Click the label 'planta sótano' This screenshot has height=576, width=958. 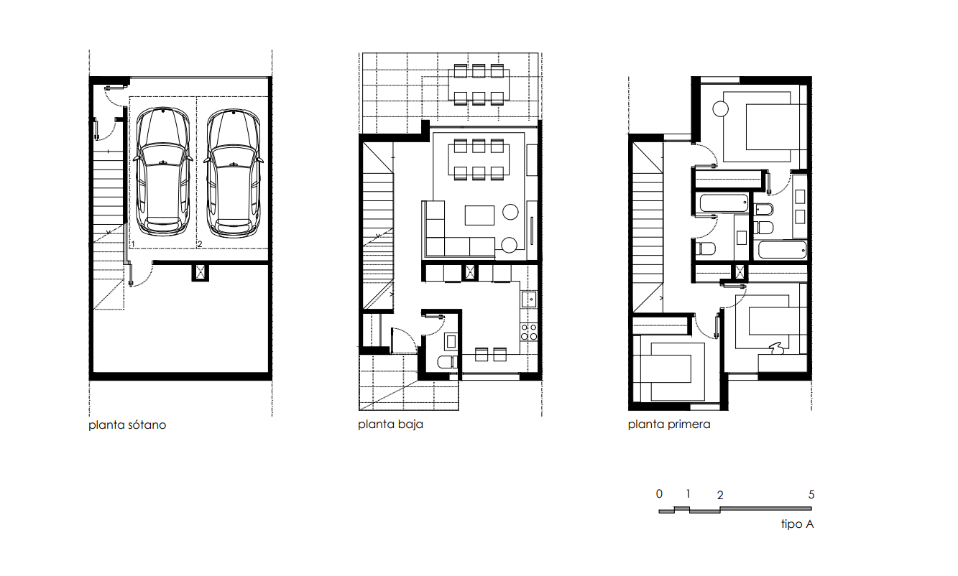(x=127, y=425)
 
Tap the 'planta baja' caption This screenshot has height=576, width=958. (x=390, y=424)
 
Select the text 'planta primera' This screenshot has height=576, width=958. (x=669, y=424)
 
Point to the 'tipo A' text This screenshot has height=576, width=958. (x=797, y=524)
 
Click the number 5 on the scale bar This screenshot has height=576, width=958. (x=811, y=495)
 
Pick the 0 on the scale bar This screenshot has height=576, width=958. (x=659, y=494)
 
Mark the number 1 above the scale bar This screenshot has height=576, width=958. (x=688, y=494)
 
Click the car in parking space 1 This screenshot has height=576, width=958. (x=162, y=172)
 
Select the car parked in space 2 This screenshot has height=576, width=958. (x=233, y=173)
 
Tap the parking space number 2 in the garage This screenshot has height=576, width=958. (x=200, y=244)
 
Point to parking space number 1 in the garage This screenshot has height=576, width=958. (x=133, y=244)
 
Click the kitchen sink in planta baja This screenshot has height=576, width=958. (x=529, y=299)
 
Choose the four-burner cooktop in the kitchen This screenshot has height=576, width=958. (x=529, y=332)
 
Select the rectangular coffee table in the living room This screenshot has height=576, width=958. (x=479, y=215)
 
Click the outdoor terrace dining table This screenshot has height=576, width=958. (x=479, y=85)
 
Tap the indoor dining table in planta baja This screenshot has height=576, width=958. (x=479, y=160)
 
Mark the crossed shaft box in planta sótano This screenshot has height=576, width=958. (x=201, y=272)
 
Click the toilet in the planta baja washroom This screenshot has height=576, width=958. (x=447, y=362)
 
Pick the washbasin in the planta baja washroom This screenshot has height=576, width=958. (x=451, y=341)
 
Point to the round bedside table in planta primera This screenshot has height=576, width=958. (x=721, y=109)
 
